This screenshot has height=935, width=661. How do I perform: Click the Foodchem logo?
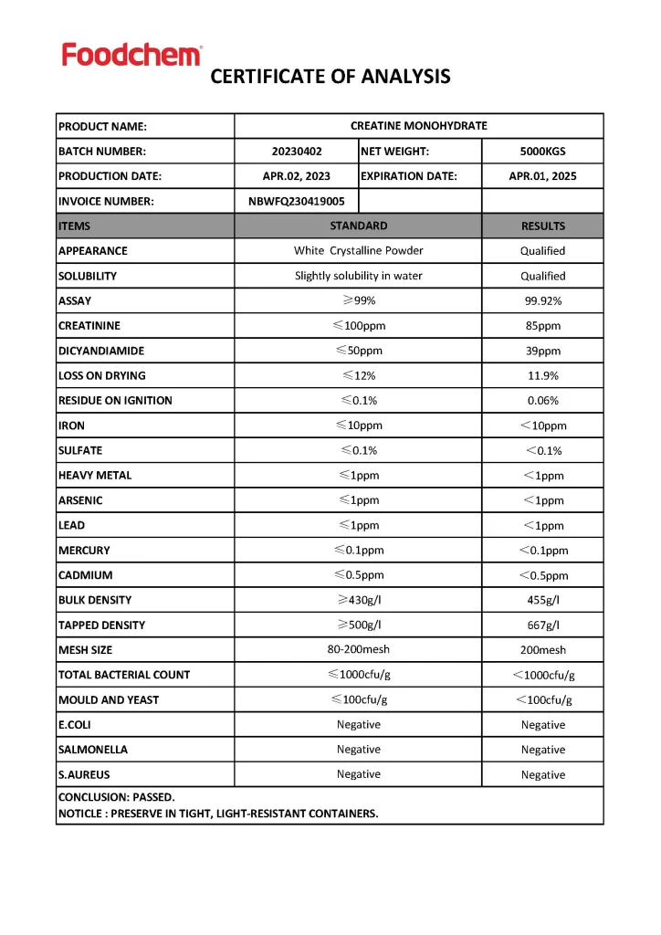(131, 55)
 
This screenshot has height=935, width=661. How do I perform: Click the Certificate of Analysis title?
(330, 77)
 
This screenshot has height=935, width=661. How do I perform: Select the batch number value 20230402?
(297, 152)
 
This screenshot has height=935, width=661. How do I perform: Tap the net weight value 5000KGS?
(542, 152)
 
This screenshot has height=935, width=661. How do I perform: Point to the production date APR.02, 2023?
(297, 176)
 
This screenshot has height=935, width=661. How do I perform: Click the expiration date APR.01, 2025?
(542, 176)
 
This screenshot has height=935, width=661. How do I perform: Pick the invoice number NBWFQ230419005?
(297, 202)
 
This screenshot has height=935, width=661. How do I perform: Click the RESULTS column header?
(542, 226)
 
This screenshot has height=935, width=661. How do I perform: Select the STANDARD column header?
(358, 226)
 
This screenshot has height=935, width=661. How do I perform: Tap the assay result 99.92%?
(542, 301)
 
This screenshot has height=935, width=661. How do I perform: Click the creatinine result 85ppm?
(542, 326)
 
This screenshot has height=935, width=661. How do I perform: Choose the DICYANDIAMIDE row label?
(101, 351)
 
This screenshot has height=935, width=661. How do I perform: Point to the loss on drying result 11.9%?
(542, 375)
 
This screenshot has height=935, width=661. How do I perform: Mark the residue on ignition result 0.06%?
(542, 401)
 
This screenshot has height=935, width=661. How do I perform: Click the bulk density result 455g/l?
(542, 601)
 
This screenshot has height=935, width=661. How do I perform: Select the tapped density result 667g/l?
(542, 625)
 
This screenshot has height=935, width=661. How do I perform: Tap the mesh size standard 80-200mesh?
(358, 650)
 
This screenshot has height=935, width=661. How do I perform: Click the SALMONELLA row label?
(93, 750)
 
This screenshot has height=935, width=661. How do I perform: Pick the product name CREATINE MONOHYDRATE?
(419, 126)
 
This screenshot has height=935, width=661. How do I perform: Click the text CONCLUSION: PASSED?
(117, 797)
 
